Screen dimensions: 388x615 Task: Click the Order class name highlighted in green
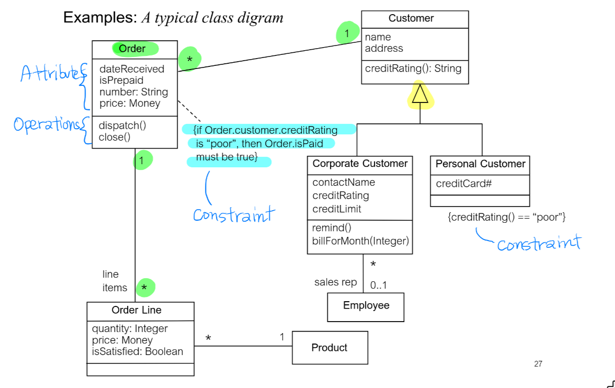click(x=132, y=49)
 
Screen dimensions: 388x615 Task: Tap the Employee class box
click(x=366, y=306)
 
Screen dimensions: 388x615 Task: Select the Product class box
click(x=329, y=348)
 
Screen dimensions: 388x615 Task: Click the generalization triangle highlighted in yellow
click(x=420, y=95)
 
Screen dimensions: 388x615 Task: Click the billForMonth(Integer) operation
click(x=360, y=241)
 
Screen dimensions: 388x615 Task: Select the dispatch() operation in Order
click(x=122, y=125)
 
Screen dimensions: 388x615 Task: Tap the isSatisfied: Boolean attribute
click(x=138, y=351)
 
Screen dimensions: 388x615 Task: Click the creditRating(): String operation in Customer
click(x=413, y=68)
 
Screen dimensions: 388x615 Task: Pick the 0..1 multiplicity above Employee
click(x=378, y=286)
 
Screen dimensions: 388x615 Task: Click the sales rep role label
click(x=335, y=282)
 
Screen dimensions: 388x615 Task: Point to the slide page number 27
click(x=538, y=364)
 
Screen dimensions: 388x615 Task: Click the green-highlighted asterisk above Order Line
click(x=145, y=288)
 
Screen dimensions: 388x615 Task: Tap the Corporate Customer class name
click(x=360, y=164)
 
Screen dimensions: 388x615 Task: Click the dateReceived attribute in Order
click(x=131, y=69)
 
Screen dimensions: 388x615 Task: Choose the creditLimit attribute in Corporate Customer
click(x=337, y=209)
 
